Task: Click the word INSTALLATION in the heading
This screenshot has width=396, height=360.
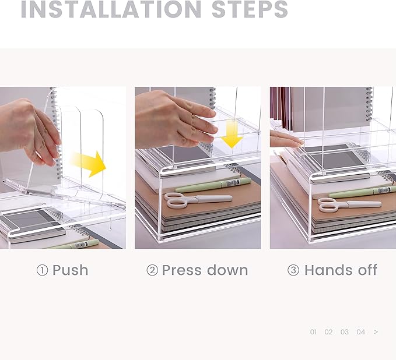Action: tap(111, 9)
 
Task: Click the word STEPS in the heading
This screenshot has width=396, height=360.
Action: tap(250, 9)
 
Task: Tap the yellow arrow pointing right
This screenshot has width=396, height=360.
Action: tap(89, 164)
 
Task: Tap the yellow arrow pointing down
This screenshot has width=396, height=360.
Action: tap(232, 135)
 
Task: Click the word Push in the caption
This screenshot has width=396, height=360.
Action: tap(71, 270)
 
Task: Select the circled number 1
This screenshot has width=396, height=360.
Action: tap(42, 270)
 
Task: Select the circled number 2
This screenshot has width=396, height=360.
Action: tap(152, 270)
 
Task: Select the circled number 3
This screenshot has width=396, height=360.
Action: tap(293, 270)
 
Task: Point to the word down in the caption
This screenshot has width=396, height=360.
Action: tap(227, 270)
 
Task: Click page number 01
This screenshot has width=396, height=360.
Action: tap(313, 332)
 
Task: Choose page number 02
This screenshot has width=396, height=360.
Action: tap(328, 332)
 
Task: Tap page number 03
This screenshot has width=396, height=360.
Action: tap(345, 332)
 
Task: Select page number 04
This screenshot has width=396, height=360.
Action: tap(360, 332)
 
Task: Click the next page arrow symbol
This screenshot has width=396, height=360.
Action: tap(376, 332)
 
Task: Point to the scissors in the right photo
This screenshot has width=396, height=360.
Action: tap(349, 205)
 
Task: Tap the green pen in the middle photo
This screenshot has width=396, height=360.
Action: tap(213, 185)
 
